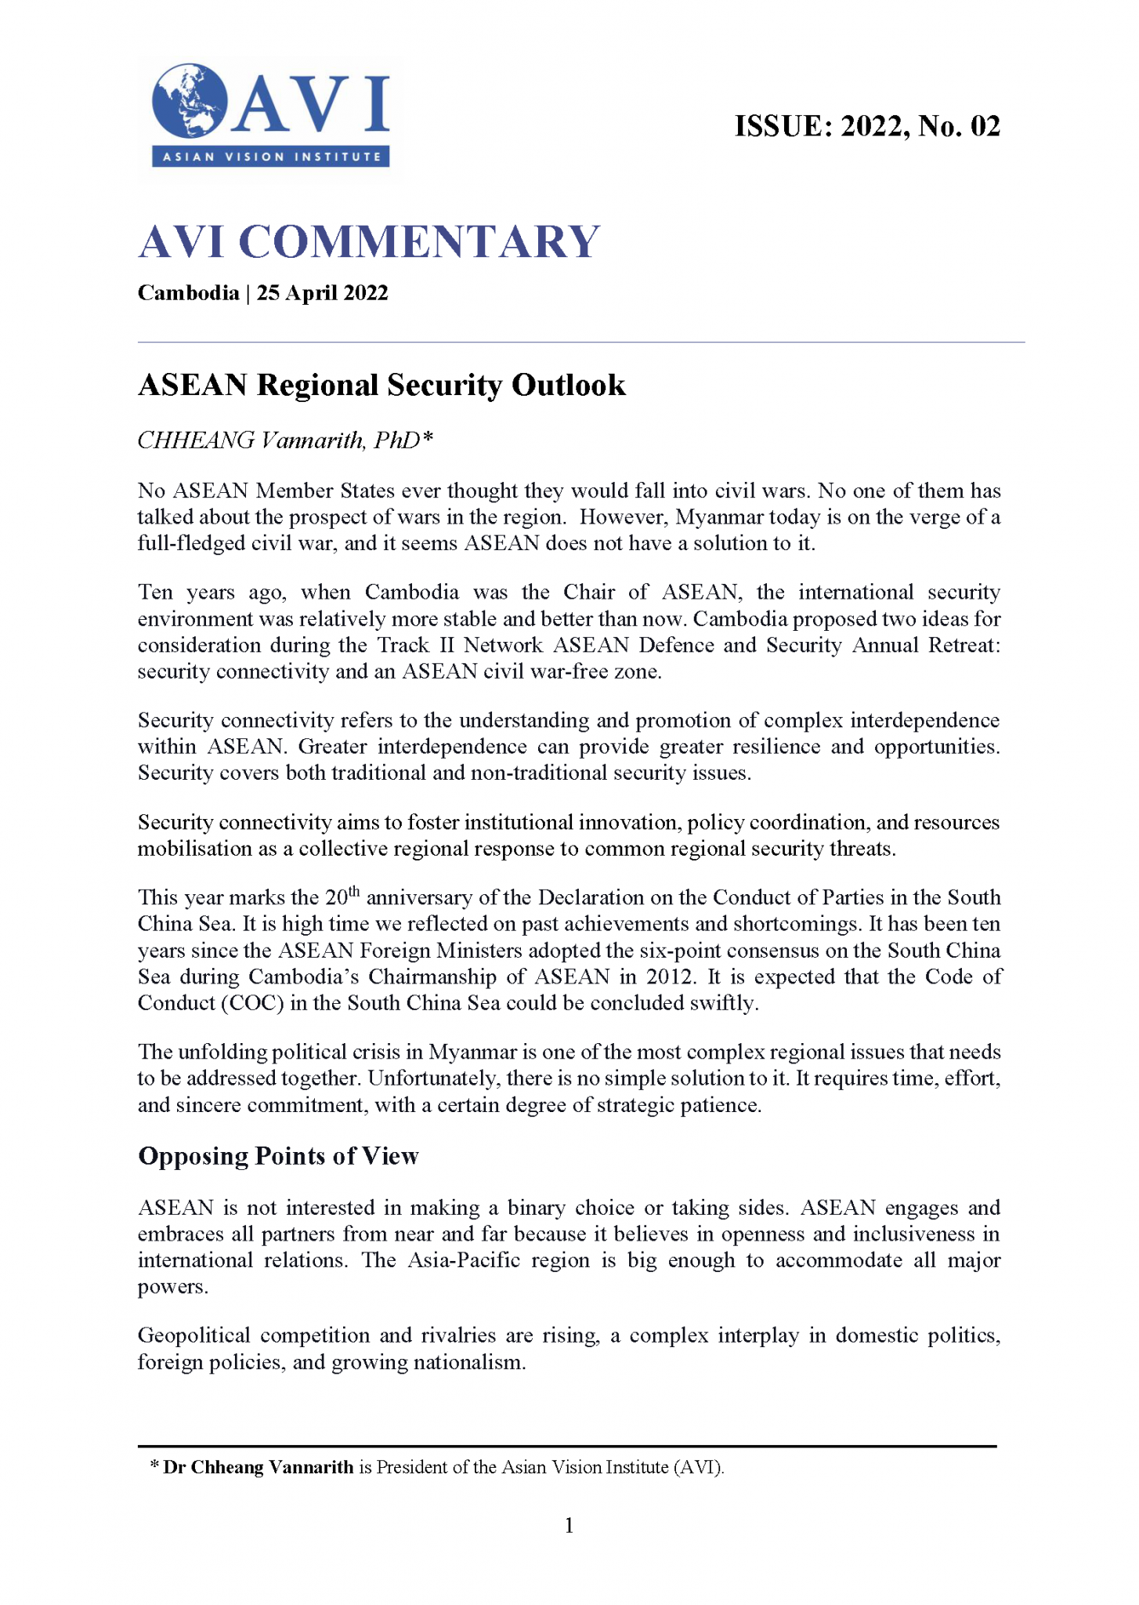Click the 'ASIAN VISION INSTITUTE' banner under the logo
coord(271,157)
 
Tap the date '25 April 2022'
coord(322,293)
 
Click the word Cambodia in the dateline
coord(188,293)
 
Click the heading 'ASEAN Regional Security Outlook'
coord(381,386)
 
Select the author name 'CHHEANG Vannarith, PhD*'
coord(285,440)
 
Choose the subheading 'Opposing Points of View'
coord(278,1156)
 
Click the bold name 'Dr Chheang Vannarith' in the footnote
coord(258,1467)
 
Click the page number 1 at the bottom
coord(569,1525)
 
